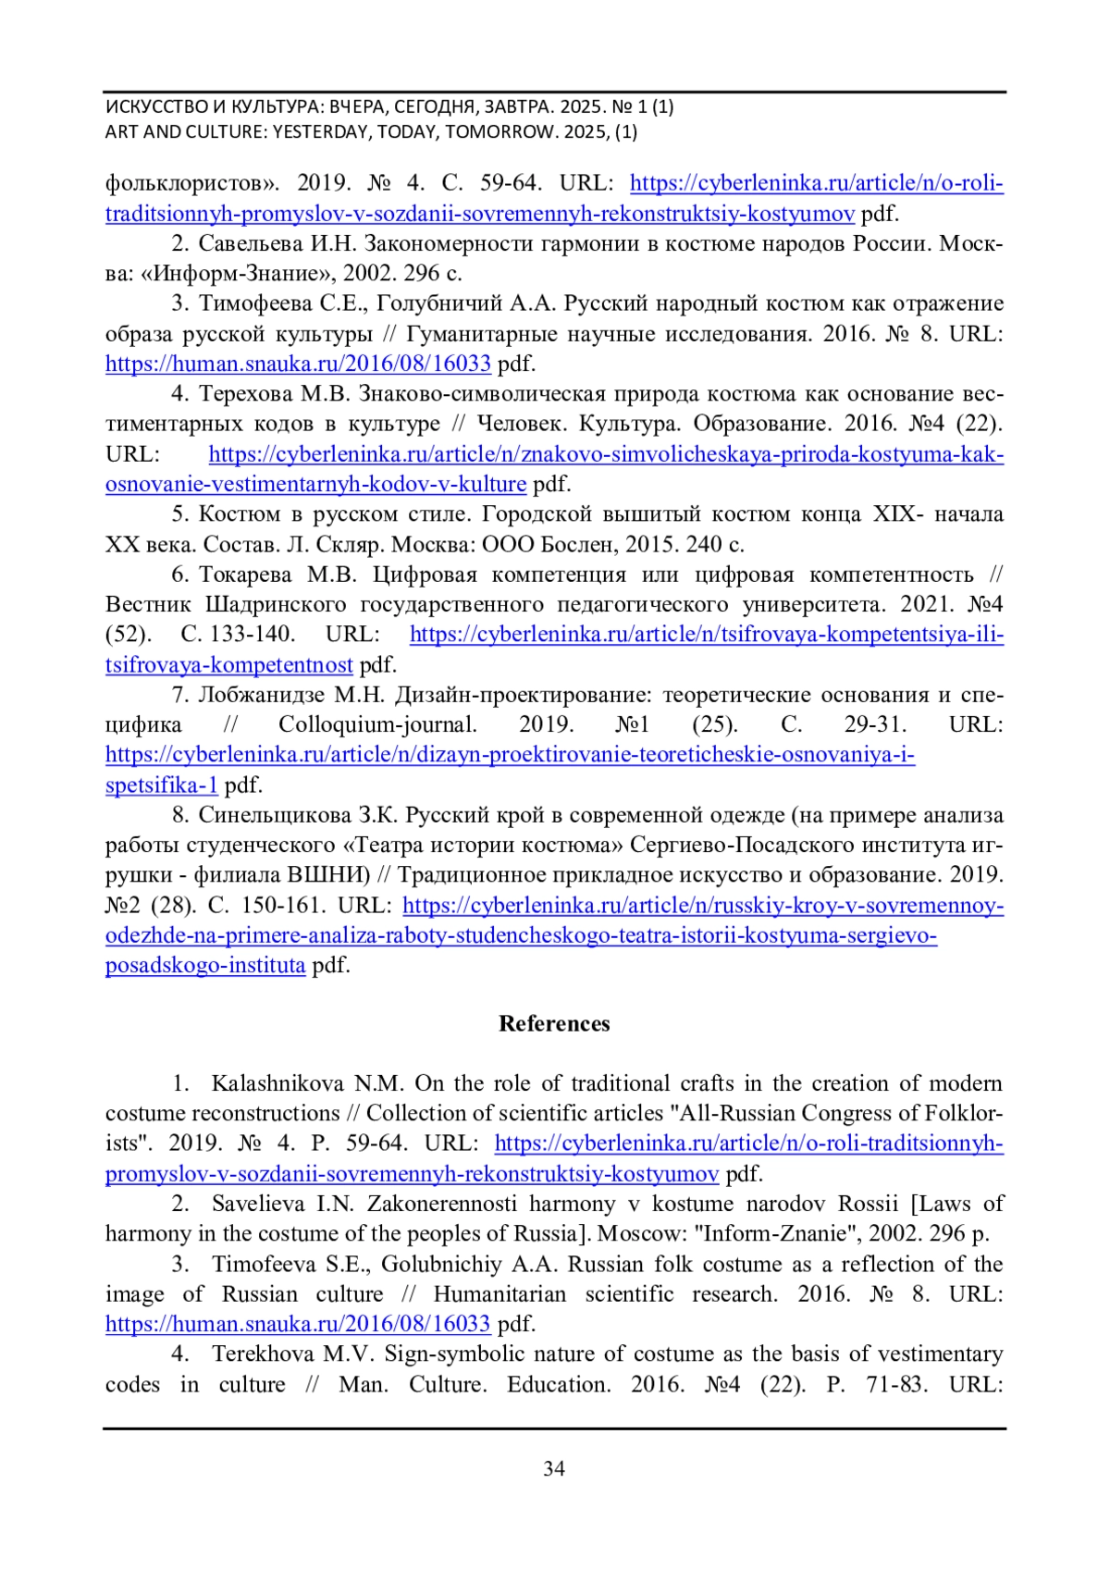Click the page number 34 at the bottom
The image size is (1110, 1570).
pos(554,1468)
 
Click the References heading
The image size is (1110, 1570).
pos(554,1023)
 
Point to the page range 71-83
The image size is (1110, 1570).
pos(896,1384)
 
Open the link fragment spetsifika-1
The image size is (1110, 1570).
pos(162,785)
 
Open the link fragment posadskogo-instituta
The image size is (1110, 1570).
pos(205,965)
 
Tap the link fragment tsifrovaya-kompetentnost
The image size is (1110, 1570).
pos(229,665)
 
